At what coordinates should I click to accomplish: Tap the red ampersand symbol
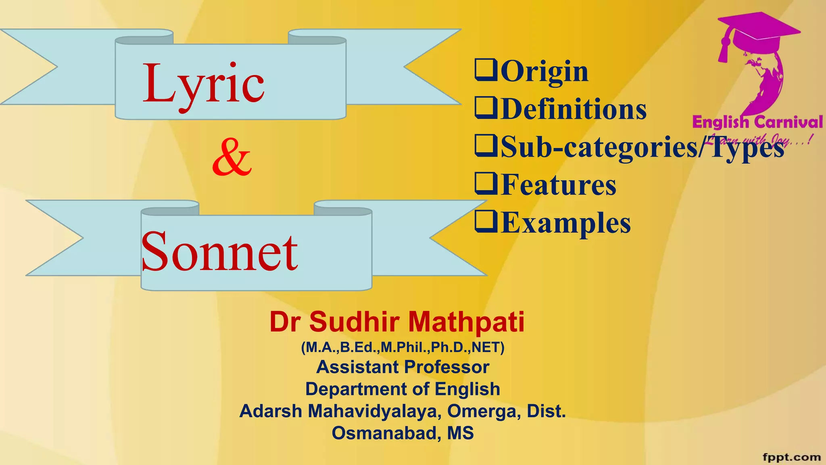232,157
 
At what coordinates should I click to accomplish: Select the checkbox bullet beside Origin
486,69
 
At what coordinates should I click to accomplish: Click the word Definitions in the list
574,109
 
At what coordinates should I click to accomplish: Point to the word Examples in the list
566,223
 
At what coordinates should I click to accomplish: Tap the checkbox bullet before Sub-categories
486,145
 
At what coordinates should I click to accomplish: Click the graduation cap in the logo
758,30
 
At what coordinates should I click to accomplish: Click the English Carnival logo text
757,121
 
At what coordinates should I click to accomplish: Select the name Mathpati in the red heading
466,322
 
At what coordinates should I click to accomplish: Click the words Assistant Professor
403,367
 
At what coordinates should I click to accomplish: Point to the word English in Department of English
467,389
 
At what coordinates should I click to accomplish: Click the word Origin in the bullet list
544,71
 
